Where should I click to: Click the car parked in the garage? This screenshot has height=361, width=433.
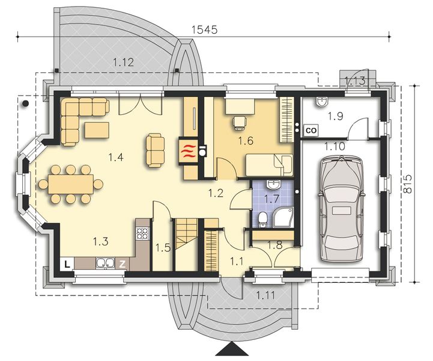tap(341, 208)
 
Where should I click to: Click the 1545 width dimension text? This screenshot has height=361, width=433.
tap(204, 28)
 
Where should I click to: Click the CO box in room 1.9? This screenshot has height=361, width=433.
tap(311, 129)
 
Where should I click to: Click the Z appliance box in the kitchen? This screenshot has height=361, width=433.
tap(122, 264)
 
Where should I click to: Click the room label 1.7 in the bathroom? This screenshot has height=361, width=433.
tap(273, 197)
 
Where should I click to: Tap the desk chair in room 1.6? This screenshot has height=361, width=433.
tap(240, 122)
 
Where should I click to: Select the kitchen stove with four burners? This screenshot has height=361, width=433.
tap(142, 232)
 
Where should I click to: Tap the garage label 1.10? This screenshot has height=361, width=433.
tap(335, 146)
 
